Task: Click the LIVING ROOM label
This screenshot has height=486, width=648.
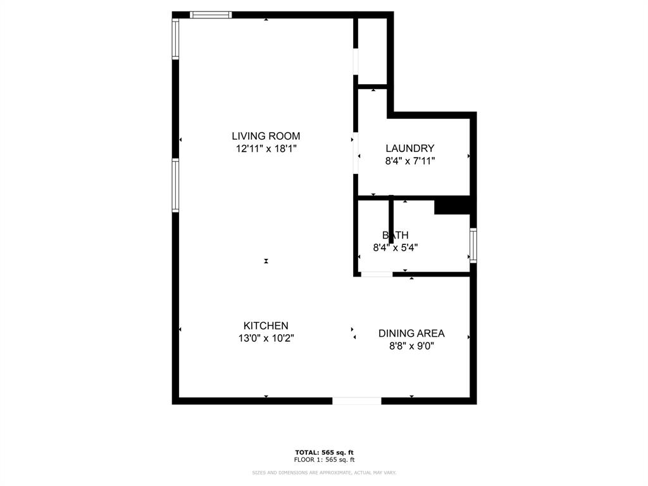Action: (266, 135)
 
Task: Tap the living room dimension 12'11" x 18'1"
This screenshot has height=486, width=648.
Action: (266, 149)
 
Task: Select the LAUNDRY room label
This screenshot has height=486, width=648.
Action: (410, 148)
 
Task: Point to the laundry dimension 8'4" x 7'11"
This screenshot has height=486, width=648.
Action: (410, 161)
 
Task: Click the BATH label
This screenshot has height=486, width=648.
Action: (395, 235)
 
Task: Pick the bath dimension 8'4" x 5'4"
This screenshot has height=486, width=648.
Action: (395, 247)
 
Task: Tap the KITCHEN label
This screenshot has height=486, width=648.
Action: (266, 325)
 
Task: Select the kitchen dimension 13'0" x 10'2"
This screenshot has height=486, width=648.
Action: (266, 338)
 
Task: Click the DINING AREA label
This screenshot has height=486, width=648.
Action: (411, 333)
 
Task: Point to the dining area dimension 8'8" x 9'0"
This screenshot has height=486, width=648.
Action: (411, 346)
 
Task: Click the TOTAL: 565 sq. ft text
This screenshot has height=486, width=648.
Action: (324, 452)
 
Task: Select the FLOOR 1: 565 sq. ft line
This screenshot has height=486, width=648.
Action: (324, 460)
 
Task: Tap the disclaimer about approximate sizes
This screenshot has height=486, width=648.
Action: (324, 473)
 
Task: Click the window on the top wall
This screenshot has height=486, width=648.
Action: (211, 15)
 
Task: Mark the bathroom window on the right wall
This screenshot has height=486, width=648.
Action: (473, 245)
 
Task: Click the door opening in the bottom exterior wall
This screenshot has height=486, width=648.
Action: (357, 401)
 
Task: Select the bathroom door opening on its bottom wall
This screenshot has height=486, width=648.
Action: (377, 275)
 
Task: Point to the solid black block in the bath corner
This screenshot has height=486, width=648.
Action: (452, 207)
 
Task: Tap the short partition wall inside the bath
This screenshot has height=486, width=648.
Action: (391, 218)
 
